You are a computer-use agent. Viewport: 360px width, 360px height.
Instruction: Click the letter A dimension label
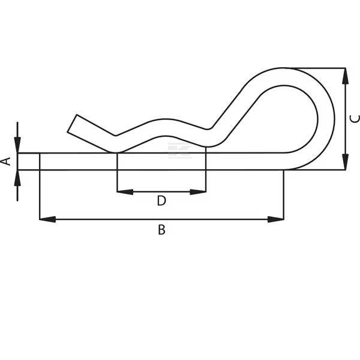(7, 161)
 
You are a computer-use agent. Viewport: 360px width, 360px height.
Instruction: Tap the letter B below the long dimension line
(161, 230)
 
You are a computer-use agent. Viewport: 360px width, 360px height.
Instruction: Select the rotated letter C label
(355, 118)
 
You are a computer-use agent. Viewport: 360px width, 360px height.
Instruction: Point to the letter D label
(161, 201)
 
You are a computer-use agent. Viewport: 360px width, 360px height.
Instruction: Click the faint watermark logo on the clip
(179, 151)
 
